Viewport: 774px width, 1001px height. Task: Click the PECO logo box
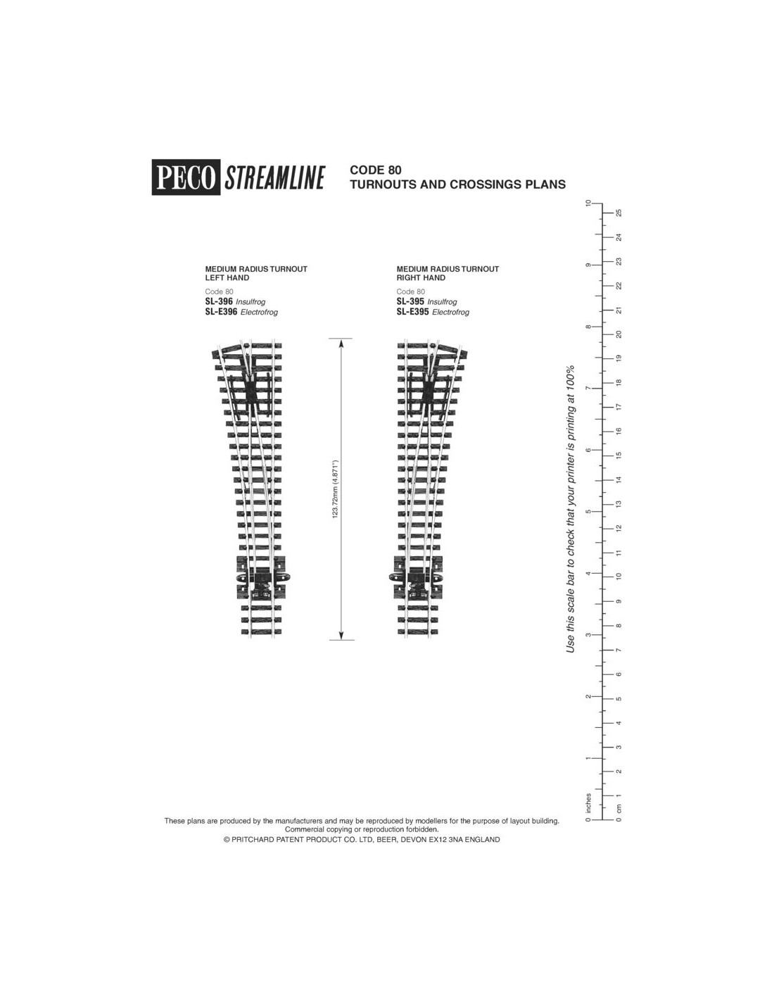(x=186, y=177)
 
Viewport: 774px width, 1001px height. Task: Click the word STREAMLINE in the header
(x=274, y=177)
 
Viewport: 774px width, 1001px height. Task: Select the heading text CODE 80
(x=375, y=170)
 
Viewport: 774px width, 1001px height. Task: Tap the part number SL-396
(x=219, y=301)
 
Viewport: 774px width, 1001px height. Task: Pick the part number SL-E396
(x=221, y=311)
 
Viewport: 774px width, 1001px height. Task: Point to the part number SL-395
(x=410, y=301)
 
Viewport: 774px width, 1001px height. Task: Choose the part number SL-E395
(x=412, y=311)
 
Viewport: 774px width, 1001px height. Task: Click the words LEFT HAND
(x=227, y=278)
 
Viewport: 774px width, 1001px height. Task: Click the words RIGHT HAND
(x=421, y=278)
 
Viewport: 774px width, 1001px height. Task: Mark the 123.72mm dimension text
(x=335, y=489)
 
